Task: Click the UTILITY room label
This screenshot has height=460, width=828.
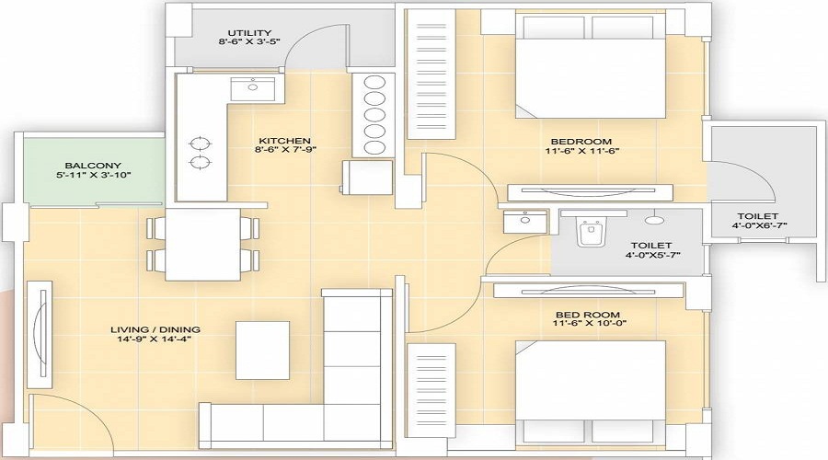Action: [249, 33]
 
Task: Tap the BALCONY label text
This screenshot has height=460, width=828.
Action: [93, 166]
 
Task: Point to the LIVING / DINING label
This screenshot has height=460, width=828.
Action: [155, 329]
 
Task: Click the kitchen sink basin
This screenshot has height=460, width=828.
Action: [253, 87]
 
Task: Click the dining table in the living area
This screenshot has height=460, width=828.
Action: [202, 244]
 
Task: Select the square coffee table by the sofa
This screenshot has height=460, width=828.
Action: [262, 350]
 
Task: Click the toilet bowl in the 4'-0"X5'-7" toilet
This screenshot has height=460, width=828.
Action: [590, 233]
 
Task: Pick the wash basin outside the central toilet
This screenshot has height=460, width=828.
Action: [525, 222]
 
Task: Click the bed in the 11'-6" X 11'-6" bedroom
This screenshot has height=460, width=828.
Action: [590, 66]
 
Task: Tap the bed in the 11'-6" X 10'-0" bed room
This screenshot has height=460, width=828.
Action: [590, 392]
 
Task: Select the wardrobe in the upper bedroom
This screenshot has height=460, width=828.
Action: [431, 74]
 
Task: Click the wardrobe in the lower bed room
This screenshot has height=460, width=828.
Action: [431, 390]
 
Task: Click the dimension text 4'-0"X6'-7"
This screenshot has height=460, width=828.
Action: [758, 225]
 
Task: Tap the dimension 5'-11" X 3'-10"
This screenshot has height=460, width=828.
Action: [94, 175]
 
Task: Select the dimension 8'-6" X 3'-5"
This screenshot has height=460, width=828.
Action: [249, 41]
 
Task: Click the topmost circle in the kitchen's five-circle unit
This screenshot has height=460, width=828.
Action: [374, 84]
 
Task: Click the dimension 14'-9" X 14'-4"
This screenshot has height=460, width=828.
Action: [154, 339]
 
